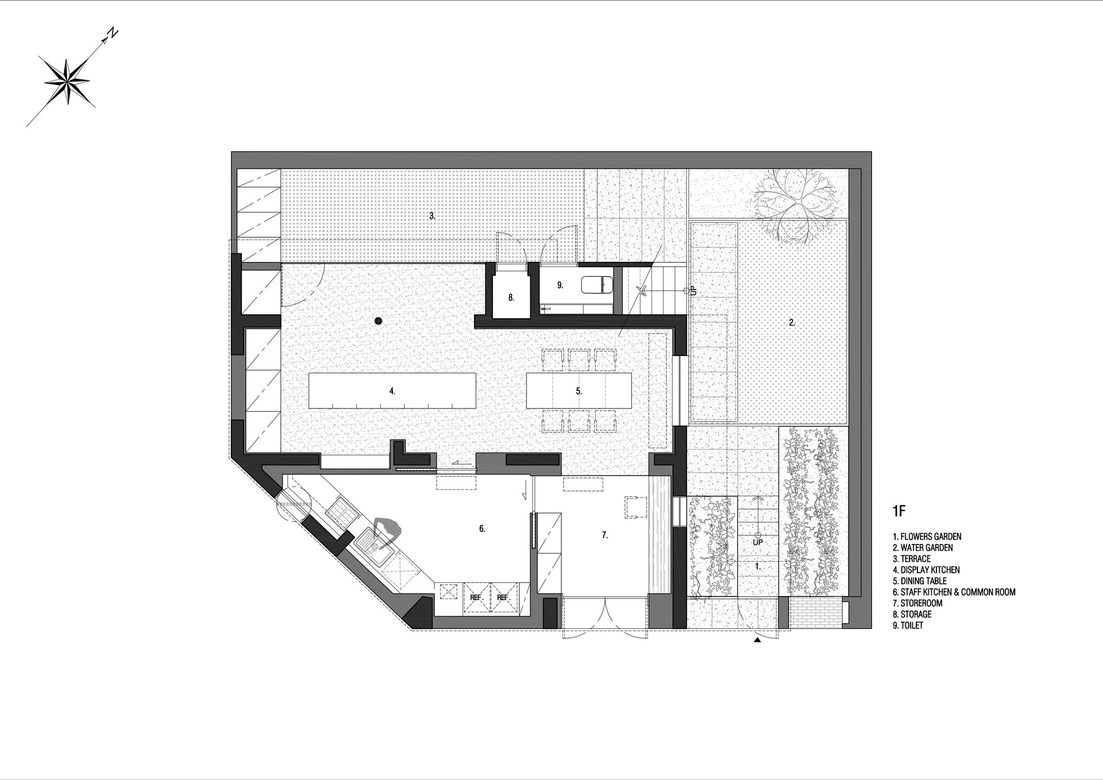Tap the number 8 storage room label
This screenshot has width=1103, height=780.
pyautogui.click(x=511, y=298)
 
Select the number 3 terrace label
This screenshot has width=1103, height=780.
pyautogui.click(x=432, y=216)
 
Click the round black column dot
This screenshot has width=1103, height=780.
pyautogui.click(x=378, y=321)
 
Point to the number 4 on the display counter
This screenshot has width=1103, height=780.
pyautogui.click(x=392, y=391)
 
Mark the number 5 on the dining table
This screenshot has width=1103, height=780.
pyautogui.click(x=579, y=391)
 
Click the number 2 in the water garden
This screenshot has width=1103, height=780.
pyautogui.click(x=792, y=323)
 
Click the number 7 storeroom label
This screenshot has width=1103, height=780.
pyautogui.click(x=605, y=535)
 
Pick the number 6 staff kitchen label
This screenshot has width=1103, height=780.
pyautogui.click(x=483, y=529)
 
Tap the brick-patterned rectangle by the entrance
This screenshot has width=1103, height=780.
pyautogui.click(x=815, y=612)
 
